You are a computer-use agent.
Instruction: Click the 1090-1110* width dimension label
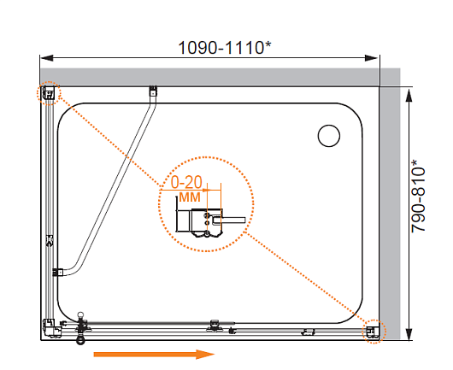tap(225, 47)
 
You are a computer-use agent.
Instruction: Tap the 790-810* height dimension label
tap(418, 196)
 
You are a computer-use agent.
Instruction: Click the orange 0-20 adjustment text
tap(186, 182)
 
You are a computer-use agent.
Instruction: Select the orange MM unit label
tap(190, 197)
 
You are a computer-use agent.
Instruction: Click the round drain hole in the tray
tap(329, 136)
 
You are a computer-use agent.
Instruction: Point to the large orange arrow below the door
tap(154, 354)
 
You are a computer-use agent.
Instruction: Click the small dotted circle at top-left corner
tap(49, 93)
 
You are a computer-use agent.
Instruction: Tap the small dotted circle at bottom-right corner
tap(374, 332)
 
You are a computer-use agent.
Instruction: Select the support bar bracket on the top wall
tap(153, 91)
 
